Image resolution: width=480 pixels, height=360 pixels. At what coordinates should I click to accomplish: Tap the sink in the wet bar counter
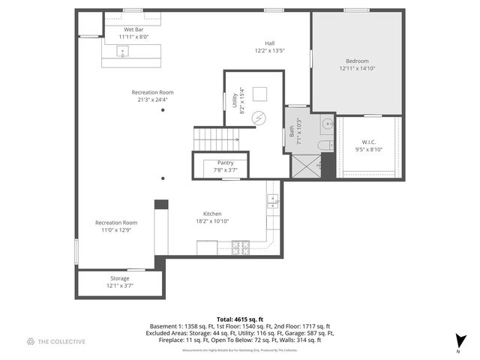pyautogui.click(x=124, y=51)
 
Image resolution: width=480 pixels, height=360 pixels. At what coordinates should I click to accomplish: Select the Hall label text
pyautogui.click(x=270, y=46)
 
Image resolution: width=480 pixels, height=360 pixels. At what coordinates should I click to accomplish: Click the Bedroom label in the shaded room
pyautogui.click(x=357, y=64)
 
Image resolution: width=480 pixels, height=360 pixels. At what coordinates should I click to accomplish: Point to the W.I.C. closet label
pyautogui.click(x=368, y=145)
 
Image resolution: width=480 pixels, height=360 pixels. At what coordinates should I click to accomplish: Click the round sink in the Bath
pyautogui.click(x=327, y=124)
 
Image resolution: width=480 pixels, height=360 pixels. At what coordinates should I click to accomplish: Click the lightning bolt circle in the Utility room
pyautogui.click(x=259, y=118)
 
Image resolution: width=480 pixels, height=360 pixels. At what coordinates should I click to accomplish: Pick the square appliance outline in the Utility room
pyautogui.click(x=261, y=94)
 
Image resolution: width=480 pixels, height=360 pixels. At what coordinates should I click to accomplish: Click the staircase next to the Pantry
pyautogui.click(x=216, y=139)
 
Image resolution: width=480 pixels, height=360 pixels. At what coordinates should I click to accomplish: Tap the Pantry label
pyautogui.click(x=225, y=166)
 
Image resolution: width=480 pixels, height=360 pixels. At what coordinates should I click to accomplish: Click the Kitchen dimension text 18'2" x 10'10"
pyautogui.click(x=211, y=221)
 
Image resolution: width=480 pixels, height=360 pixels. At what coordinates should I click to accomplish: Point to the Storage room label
pyautogui.click(x=119, y=282)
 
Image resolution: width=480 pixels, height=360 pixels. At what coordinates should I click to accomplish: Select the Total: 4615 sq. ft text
pyautogui.click(x=239, y=319)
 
